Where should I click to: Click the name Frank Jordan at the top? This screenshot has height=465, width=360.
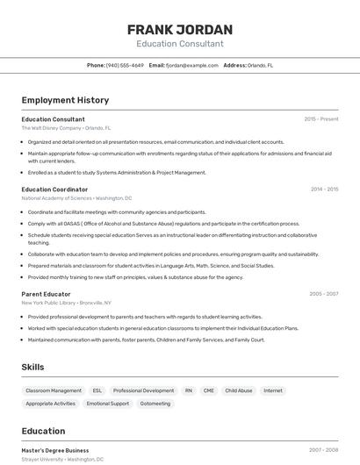[179, 29]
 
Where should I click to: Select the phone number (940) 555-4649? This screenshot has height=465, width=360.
[125, 65]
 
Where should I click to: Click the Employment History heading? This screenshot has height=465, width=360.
[65, 100]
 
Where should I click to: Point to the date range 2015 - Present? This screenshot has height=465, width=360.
[320, 118]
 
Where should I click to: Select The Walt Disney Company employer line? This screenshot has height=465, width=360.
[66, 127]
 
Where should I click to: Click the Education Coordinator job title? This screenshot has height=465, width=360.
[54, 189]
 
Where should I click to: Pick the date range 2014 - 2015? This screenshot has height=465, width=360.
[324, 189]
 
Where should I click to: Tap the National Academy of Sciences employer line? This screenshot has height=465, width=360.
[76, 198]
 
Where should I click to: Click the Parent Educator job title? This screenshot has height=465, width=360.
[47, 294]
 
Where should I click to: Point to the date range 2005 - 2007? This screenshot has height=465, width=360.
[323, 294]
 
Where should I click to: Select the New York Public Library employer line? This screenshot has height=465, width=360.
[67, 303]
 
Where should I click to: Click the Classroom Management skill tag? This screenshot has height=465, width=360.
[54, 390]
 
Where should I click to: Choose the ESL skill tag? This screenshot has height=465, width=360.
[97, 390]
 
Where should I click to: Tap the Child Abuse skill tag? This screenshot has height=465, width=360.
[238, 390]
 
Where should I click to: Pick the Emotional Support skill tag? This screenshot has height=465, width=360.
[108, 404]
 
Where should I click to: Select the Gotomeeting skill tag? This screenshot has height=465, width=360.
[155, 404]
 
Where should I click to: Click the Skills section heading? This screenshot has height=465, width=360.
[33, 367]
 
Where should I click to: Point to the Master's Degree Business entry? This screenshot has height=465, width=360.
[54, 450]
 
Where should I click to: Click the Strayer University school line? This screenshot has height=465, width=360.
[62, 459]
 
